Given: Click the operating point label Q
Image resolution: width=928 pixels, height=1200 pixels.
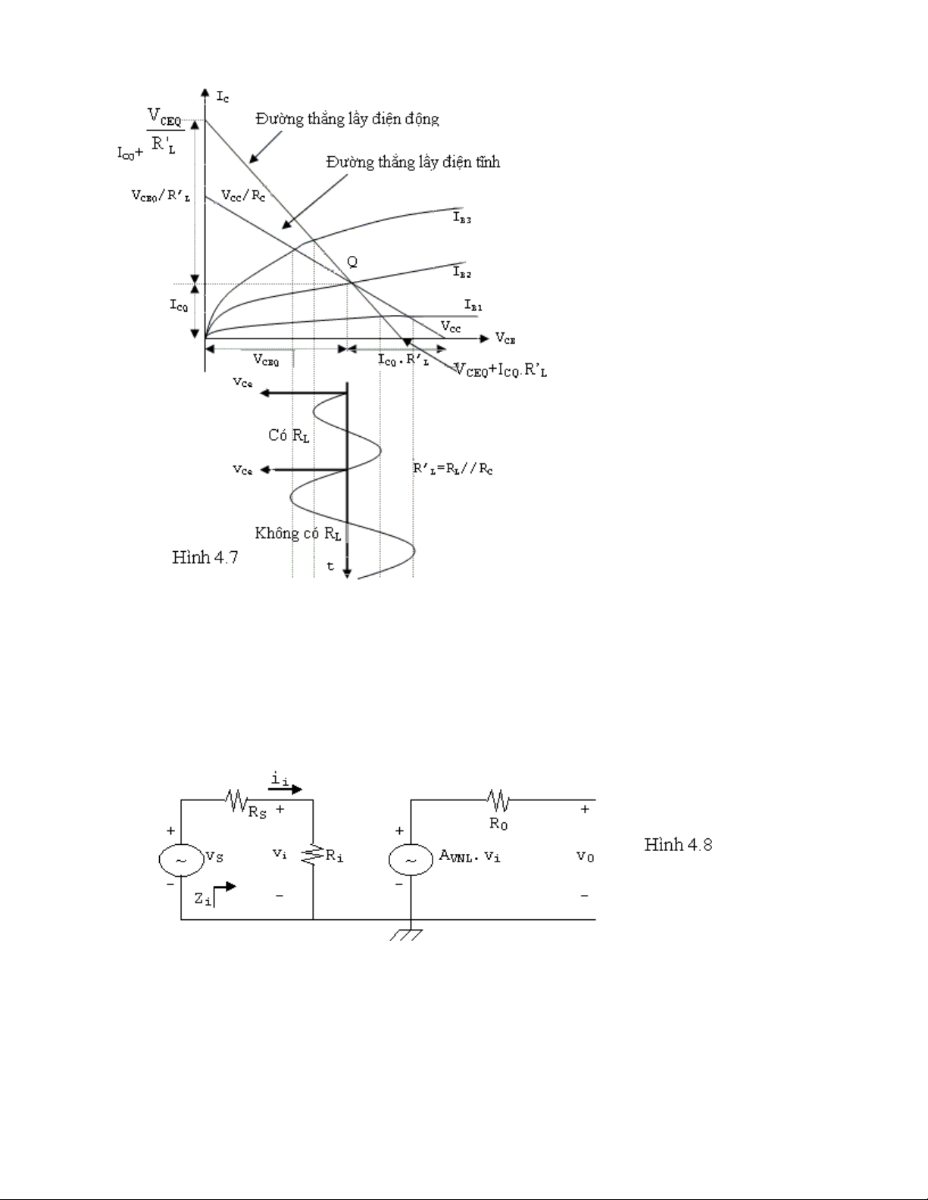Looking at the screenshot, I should pos(352,262).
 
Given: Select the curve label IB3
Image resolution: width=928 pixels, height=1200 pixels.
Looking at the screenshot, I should pos(462,218).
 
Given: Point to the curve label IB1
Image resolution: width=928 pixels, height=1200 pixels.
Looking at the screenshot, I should pos(473,305).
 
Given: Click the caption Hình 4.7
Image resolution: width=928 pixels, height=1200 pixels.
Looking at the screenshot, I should pos(205,558).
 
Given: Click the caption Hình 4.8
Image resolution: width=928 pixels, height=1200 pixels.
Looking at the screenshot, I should pos(678,844).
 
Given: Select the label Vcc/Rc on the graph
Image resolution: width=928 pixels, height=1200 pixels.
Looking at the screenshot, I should pos(243,195).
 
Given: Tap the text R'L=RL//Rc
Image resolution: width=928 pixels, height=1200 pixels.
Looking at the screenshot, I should pos(453,469).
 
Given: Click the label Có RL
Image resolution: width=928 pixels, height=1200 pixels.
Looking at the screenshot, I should pos(289,435).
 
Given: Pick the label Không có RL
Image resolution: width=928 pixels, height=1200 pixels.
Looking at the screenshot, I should pos(298,533).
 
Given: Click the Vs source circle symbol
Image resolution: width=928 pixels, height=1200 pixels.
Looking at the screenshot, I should pos(181,860).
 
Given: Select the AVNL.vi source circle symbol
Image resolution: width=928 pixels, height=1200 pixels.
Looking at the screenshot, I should pos(411,860).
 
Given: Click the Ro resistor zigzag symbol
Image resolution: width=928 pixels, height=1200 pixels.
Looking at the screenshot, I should pos(498,799).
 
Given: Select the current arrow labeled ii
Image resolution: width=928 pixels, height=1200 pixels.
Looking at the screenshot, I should pos(284,789).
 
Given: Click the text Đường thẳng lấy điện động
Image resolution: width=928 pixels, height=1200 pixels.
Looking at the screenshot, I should pos(347,118).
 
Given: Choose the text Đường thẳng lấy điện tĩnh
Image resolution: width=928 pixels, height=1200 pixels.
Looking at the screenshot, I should pos(413,162).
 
